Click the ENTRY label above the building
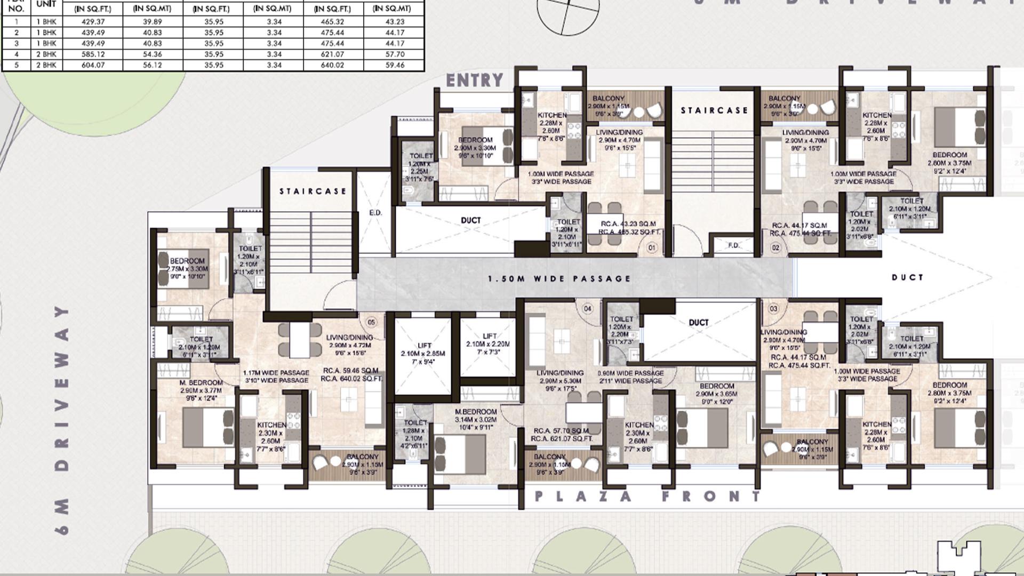point(474,80)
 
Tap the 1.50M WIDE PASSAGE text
point(559,278)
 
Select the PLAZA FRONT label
point(647,497)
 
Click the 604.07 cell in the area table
point(93,65)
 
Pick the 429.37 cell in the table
point(93,22)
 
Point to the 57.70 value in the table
point(395,54)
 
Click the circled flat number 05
point(371,322)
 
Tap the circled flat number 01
point(651,248)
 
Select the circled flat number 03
point(773,309)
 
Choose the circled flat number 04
point(588,309)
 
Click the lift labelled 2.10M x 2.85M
point(423,354)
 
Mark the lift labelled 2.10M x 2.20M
point(488,344)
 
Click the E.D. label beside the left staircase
point(375,213)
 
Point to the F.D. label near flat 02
point(734,245)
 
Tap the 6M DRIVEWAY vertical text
point(62,420)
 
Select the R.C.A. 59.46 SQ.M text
point(350,371)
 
